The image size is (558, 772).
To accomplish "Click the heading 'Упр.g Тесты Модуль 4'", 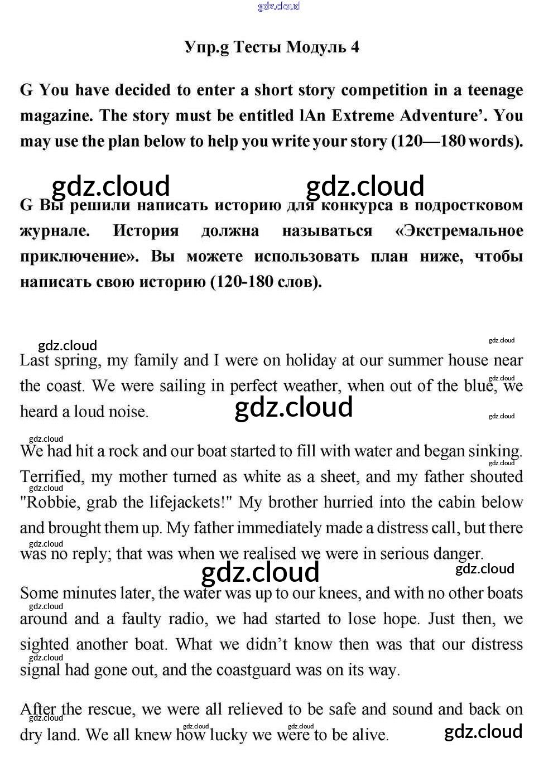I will [x=272, y=47].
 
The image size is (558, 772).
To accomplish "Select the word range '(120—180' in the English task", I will [x=428, y=141].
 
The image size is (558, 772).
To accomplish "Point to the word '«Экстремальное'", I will [x=459, y=231].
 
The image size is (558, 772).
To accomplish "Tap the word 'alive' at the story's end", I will [x=367, y=735].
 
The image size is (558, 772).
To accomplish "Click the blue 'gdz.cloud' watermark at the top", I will [x=279, y=6].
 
